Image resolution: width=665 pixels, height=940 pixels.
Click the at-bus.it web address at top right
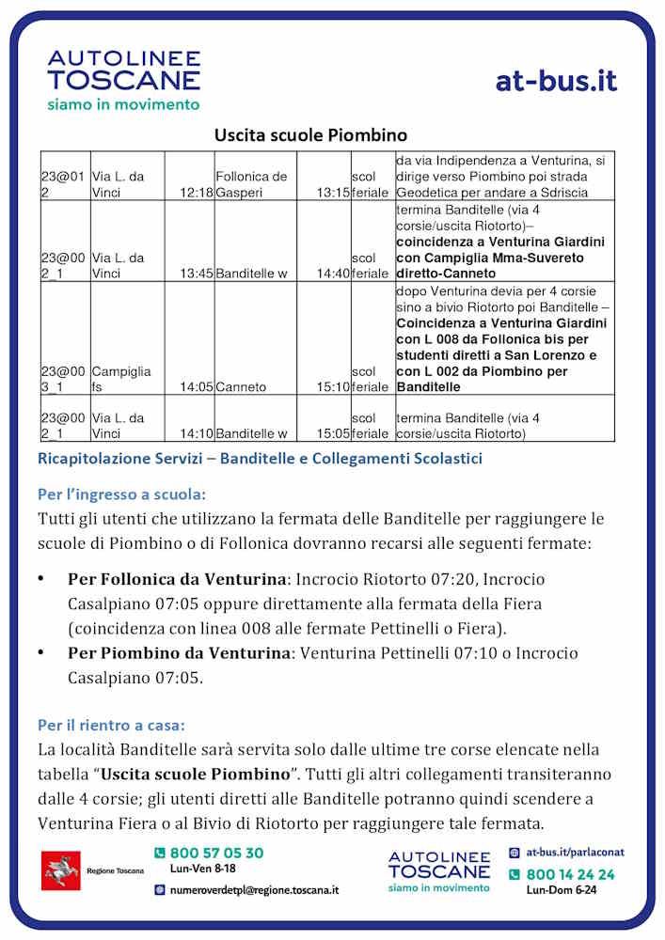pyautogui.click(x=556, y=81)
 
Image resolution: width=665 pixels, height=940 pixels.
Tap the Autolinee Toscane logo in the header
pyautogui.click(x=124, y=80)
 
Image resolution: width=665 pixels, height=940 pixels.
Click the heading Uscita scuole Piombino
pyautogui.click(x=310, y=135)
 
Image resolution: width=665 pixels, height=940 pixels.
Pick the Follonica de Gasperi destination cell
pyautogui.click(x=251, y=184)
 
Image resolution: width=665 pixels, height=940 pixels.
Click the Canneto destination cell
pyautogui.click(x=242, y=386)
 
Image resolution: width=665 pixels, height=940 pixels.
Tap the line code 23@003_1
pyautogui.click(x=63, y=379)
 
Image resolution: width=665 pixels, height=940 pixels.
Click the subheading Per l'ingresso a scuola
pyautogui.click(x=122, y=493)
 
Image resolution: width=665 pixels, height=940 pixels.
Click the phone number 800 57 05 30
pyautogui.click(x=216, y=854)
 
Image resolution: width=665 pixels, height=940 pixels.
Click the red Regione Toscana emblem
pyautogui.click(x=61, y=871)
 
